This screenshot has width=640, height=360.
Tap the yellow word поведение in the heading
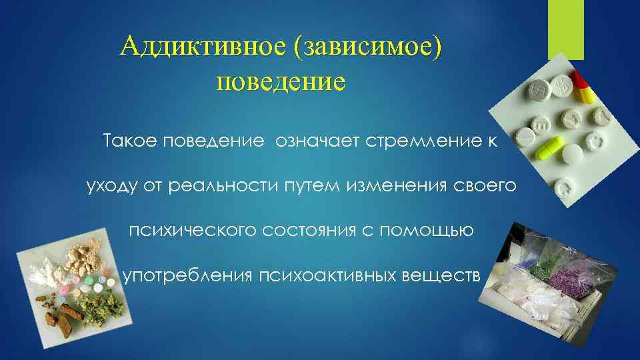[281, 83]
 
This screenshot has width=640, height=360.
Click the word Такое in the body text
[130, 142]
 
